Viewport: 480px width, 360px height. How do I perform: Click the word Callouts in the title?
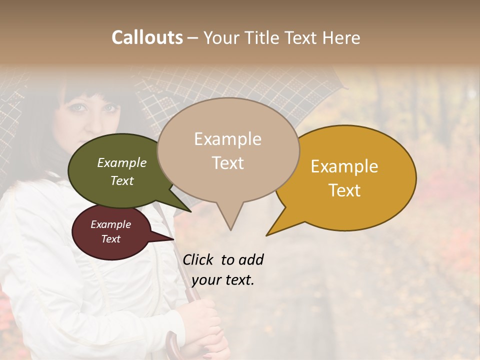tap(147, 37)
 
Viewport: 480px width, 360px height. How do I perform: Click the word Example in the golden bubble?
tap(344, 166)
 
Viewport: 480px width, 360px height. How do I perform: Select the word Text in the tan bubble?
tap(228, 163)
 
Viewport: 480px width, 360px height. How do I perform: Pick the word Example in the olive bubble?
tap(122, 162)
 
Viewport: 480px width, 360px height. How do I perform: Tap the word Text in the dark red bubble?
tap(111, 239)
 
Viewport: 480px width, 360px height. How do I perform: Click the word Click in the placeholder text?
tap(198, 259)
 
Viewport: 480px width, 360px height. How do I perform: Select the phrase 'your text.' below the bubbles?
tap(223, 280)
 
